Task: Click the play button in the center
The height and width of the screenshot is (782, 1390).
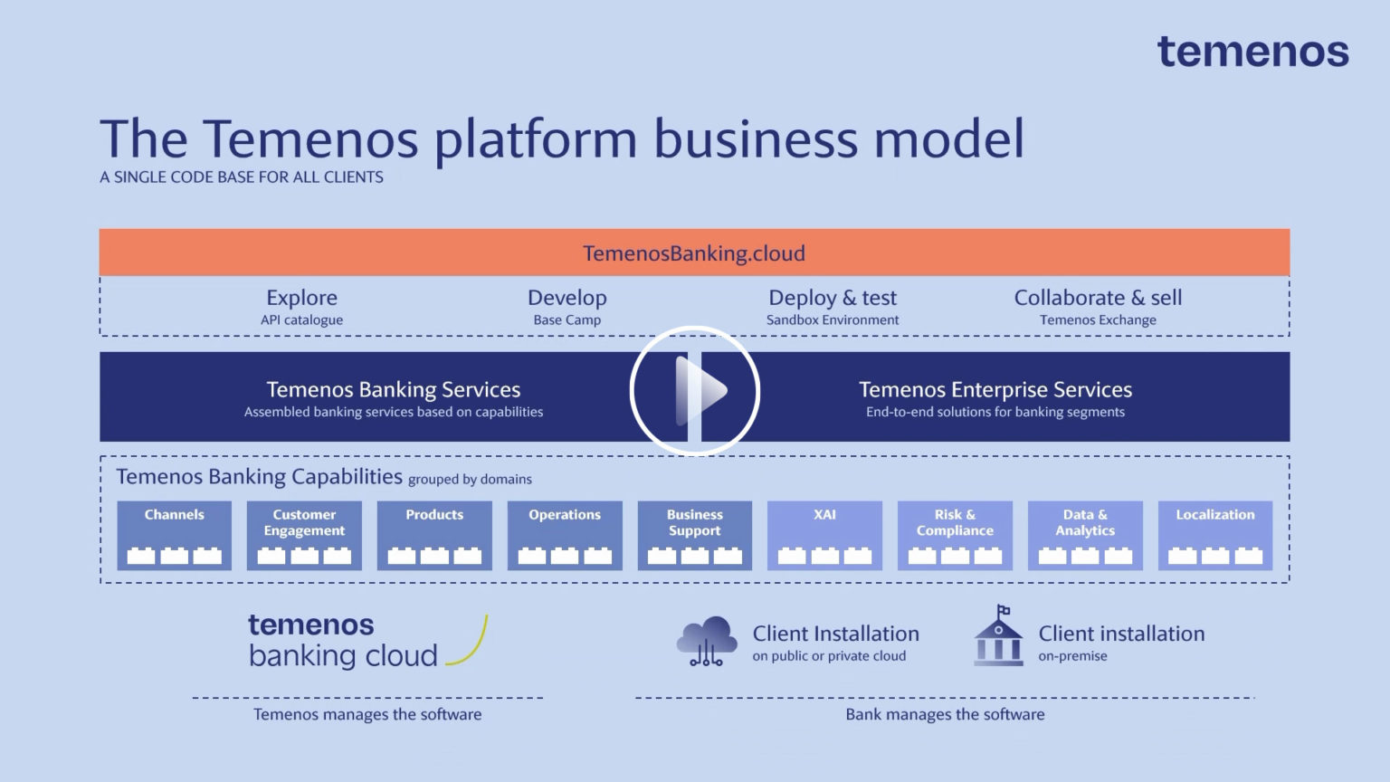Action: click(694, 391)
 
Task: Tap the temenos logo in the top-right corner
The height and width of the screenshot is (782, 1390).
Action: click(1252, 52)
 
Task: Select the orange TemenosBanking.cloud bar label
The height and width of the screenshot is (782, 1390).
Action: click(694, 253)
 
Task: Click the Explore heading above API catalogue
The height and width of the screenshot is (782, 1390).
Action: click(301, 298)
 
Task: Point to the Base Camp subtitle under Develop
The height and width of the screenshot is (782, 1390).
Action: click(566, 320)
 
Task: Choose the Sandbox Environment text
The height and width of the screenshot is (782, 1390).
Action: click(833, 320)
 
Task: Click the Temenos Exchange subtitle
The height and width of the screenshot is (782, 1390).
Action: click(1098, 320)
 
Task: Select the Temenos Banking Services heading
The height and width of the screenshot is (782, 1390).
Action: click(393, 390)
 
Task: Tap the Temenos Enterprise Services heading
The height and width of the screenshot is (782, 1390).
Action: click(995, 390)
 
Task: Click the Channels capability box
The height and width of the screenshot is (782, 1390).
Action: click(175, 535)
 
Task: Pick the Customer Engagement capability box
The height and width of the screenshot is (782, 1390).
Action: click(304, 535)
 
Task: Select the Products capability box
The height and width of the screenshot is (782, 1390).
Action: click(434, 535)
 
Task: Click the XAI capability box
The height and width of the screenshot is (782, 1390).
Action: click(824, 535)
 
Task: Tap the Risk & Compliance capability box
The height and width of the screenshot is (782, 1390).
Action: click(955, 535)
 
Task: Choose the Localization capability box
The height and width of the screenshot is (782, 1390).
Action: click(1215, 535)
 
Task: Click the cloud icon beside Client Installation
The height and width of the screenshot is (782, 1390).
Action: click(707, 641)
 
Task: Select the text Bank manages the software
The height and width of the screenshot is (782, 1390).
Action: click(945, 715)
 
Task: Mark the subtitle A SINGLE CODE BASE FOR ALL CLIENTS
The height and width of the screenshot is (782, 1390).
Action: click(242, 177)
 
